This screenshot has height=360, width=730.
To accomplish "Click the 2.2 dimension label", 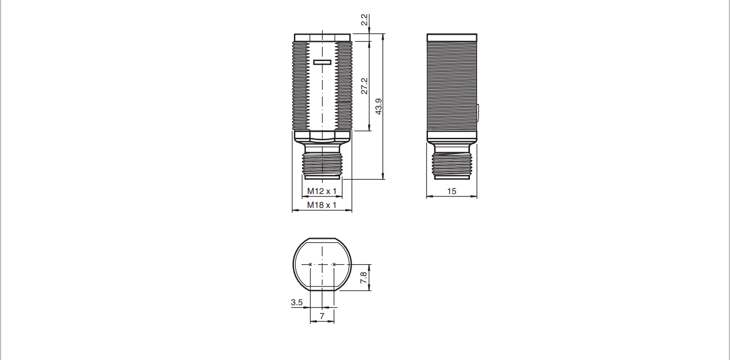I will pos(364,20).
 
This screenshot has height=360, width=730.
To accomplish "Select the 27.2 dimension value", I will pos(364,86).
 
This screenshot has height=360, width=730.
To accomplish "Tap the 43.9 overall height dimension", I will pos(378,107).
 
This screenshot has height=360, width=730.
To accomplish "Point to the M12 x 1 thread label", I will pos(322,191).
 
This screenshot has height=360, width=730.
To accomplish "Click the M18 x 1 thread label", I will pos(322,205).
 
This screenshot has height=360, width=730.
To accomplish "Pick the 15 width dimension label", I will pos(452,191).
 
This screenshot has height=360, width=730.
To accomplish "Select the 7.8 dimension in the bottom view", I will pos(364,277).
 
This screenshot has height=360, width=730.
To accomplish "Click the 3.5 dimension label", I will pos(297,302).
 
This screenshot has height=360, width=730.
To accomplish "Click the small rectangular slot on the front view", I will pos(323,62).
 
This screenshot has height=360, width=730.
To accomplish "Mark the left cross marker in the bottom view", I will pos(311,264).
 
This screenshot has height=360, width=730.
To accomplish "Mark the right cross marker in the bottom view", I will pos(334,264).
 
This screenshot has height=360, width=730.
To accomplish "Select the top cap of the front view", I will pos(322,37).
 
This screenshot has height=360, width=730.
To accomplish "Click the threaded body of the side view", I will pos(451,86).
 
